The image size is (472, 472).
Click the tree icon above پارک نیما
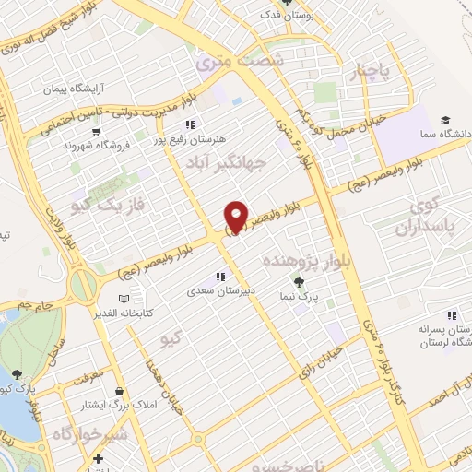(298, 281)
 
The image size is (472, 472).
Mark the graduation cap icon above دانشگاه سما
(445, 120)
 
